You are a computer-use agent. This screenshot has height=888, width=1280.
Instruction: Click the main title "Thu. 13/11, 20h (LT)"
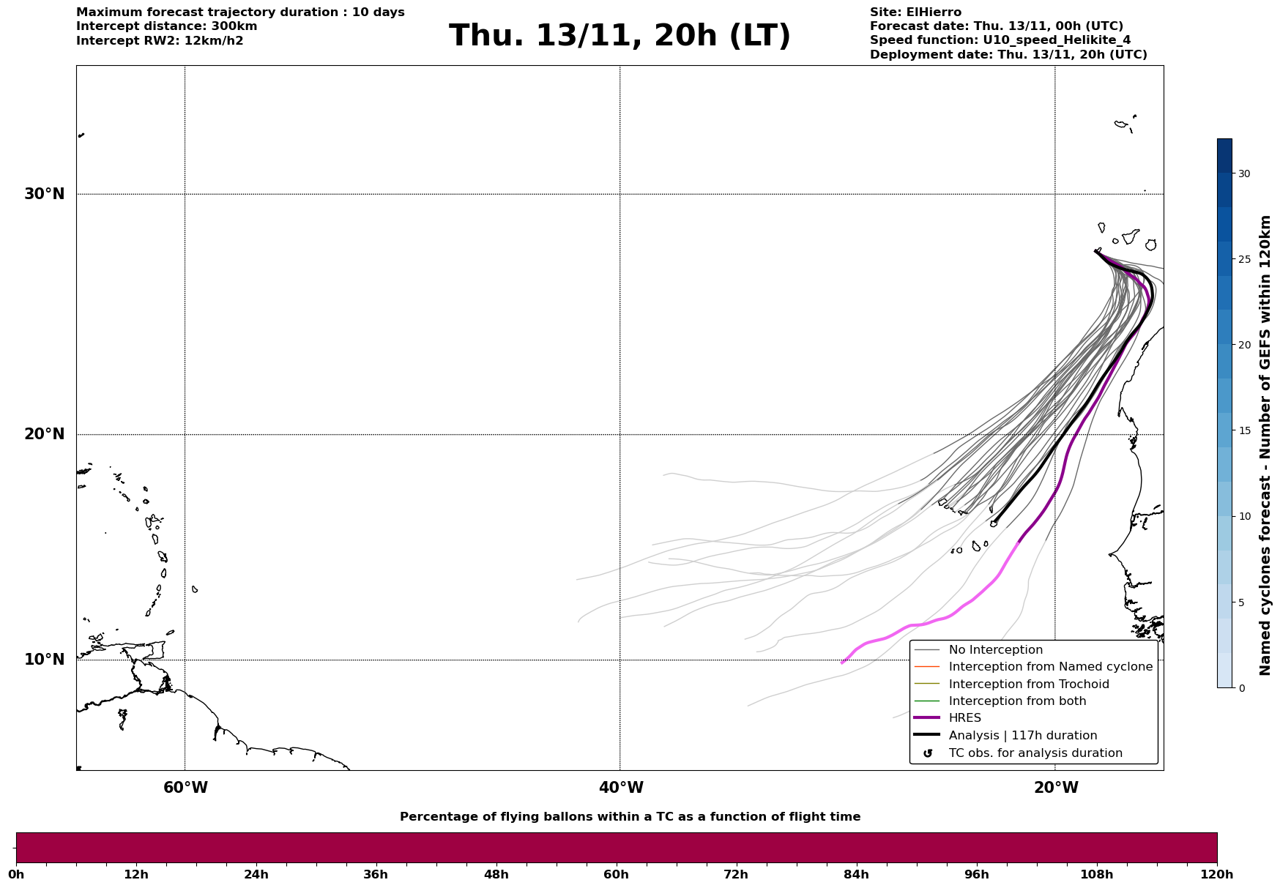pos(619,36)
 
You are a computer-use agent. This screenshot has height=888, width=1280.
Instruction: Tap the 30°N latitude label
pos(44,194)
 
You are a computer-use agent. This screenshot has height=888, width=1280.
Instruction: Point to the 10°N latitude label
pos(44,660)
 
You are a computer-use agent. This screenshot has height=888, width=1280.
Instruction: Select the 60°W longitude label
pos(185,788)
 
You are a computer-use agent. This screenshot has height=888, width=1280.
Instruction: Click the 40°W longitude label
pos(621,788)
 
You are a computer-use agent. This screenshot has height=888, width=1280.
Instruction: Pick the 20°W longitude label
pos(1056,788)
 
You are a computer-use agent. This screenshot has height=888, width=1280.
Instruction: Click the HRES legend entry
pos(964,718)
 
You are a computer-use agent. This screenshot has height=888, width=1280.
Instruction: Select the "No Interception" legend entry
pos(995,650)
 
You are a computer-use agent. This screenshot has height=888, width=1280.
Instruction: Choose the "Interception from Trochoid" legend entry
pos(1028,684)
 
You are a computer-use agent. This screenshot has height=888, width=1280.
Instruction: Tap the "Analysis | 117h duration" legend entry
pos(1022,736)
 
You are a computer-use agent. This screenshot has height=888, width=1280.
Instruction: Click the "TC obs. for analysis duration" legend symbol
pos(928,753)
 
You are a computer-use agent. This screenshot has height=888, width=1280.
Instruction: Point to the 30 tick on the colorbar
pos(1244,174)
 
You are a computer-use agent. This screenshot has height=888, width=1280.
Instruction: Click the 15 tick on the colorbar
pos(1244,430)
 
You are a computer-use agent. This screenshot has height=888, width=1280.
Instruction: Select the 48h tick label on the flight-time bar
pos(496,874)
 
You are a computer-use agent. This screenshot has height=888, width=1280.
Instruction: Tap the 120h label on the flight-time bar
pos(1217,874)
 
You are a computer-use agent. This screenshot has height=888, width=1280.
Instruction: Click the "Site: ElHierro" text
pos(915,12)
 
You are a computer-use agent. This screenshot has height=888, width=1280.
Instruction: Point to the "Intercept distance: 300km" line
pos(166,26)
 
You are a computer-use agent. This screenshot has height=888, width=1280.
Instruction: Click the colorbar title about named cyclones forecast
pos(1265,445)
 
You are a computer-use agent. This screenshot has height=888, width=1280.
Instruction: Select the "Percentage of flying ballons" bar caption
pos(630,817)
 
